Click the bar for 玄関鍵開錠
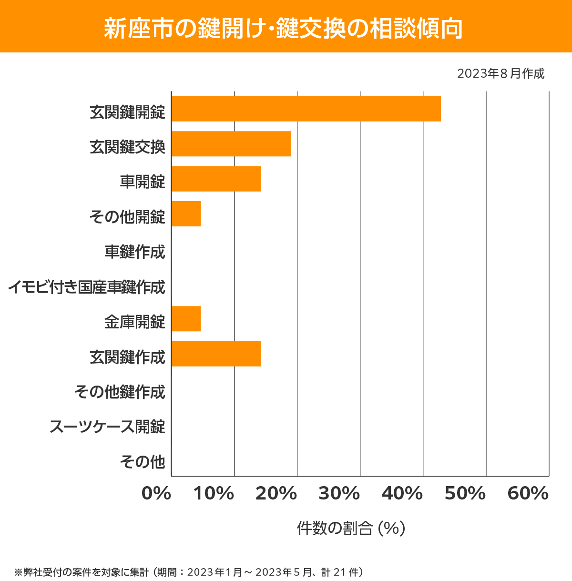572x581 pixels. tap(306, 109)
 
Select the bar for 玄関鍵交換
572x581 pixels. tap(231, 143)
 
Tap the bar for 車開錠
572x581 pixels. tap(215, 179)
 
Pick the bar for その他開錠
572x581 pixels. tap(186, 214)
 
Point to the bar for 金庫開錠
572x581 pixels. tap(186, 318)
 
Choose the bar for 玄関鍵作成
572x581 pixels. tap(215, 354)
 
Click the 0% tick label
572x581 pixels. tap(156, 494)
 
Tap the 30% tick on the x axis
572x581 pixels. tap(339, 494)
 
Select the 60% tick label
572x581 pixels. tap(528, 494)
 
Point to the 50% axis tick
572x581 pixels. tap(465, 494)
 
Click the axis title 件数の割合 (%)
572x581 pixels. tap(351, 528)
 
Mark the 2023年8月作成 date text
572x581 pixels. tap(500, 74)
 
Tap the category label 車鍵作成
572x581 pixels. tap(135, 252)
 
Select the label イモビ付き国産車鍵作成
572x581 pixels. tap(86, 287)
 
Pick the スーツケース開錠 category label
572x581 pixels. tap(107, 427)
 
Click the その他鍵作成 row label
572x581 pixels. tap(120, 392)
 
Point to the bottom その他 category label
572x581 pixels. tap(143, 461)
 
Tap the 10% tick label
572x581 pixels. tap(214, 494)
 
